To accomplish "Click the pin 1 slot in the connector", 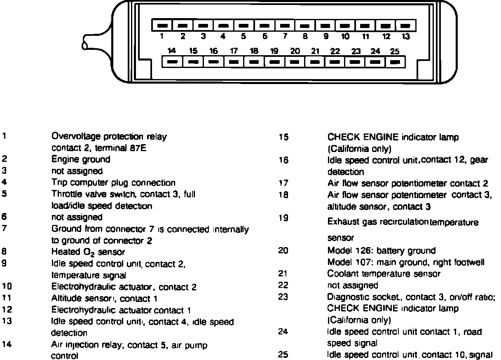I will coord(162,26).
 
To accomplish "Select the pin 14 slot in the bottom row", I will coord(173,62).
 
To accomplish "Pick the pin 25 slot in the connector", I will coord(395,62).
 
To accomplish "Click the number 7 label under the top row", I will coord(285,37).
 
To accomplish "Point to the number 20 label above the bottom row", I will coord(295,51).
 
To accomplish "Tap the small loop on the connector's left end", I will coord(87,41).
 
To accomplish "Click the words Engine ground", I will coord(81,159).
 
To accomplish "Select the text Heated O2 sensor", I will coord(88,251).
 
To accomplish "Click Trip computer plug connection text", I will coord(113,182).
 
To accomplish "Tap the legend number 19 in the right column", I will coord(283,218).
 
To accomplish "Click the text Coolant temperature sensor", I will coord(384,274).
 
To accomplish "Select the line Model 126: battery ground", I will coord(381,250).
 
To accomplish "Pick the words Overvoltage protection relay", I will coord(109,136).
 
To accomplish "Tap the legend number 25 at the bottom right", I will coord(283,354).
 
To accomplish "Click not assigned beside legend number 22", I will coord(352,285).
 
